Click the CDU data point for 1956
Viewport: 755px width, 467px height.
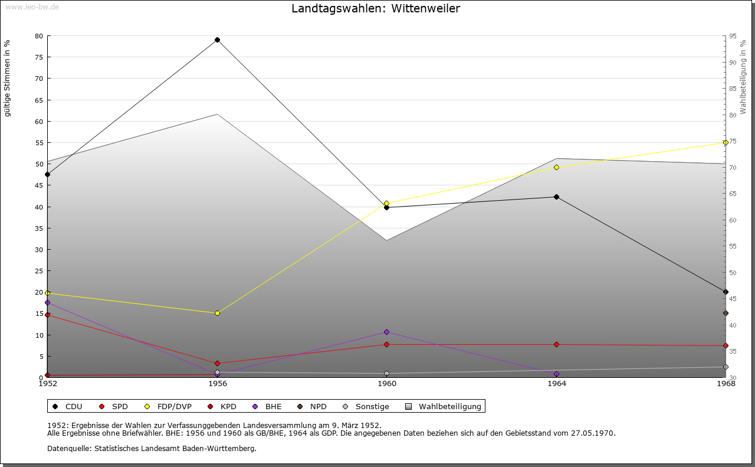[217, 40]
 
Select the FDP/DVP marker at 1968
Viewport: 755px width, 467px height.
[726, 142]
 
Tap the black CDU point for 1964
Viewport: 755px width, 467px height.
[556, 197]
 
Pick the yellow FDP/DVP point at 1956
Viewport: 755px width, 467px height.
[217, 313]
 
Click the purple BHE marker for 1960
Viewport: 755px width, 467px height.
[386, 332]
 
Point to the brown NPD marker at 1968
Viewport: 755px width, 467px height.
[726, 313]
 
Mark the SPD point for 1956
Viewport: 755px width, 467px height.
[217, 363]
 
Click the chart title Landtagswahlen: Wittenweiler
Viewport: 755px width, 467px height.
[376, 9]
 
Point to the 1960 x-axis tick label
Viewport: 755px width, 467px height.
[387, 384]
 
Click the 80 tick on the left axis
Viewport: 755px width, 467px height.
[39, 36]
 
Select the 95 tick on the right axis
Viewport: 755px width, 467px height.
[732, 36]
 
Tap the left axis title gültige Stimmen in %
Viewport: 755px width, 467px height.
[8, 78]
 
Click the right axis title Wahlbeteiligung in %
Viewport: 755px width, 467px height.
[743, 77]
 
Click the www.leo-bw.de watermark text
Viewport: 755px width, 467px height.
[31, 7]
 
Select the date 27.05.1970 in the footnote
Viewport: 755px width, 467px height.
[592, 433]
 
